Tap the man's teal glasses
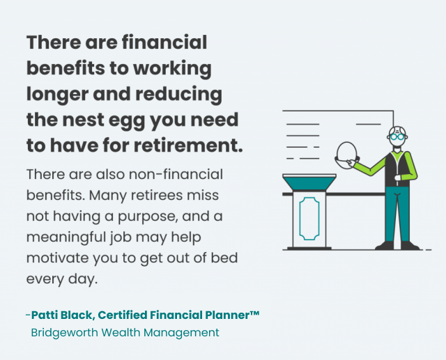click(x=398, y=137)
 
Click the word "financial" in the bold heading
click(x=165, y=43)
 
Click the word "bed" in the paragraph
click(x=223, y=258)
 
